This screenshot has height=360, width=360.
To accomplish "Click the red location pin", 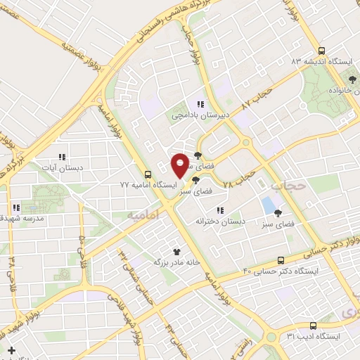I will click(x=181, y=165).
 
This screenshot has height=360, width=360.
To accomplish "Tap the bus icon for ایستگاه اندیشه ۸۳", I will click(x=321, y=51).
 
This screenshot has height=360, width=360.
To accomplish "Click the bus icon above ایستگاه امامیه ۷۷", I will click(x=148, y=174).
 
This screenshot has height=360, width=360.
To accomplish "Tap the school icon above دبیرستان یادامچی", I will click(x=200, y=104).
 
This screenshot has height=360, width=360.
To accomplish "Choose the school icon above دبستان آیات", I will click(x=61, y=157).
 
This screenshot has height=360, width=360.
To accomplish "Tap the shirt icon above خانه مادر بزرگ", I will click(x=177, y=251).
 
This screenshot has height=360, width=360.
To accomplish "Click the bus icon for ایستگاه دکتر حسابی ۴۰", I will click(x=281, y=259).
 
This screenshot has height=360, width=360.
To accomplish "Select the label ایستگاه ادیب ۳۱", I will click(x=313, y=336).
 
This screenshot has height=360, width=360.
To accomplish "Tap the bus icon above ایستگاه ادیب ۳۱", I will click(x=313, y=326).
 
